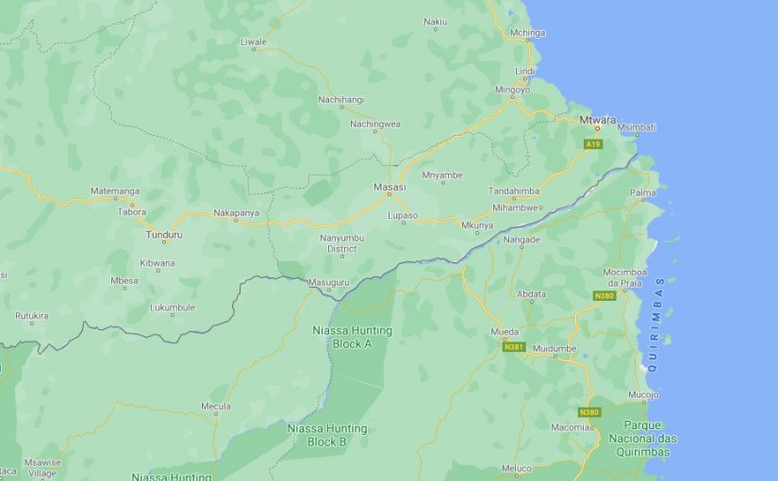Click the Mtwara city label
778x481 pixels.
pos(598,120)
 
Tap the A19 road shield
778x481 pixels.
pos(592,144)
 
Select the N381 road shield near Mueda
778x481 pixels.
pos(514,347)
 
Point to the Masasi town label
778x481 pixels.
pos(389,187)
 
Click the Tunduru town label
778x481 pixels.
pos(164,235)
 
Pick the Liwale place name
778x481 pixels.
pos(254,42)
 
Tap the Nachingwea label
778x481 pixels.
pos(375,124)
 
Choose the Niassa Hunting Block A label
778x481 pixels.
pos(352,337)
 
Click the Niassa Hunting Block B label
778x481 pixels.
pos(327,435)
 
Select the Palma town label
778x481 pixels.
pos(643,192)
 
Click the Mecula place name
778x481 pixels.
pos(216,406)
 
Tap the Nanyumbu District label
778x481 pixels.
pos(341,243)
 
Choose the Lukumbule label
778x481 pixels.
pos(173,307)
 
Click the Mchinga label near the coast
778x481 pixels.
pos(527,33)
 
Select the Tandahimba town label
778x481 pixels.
pos(514,191)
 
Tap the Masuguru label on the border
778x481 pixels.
pos(328,282)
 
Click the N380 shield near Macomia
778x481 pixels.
pos(589,412)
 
